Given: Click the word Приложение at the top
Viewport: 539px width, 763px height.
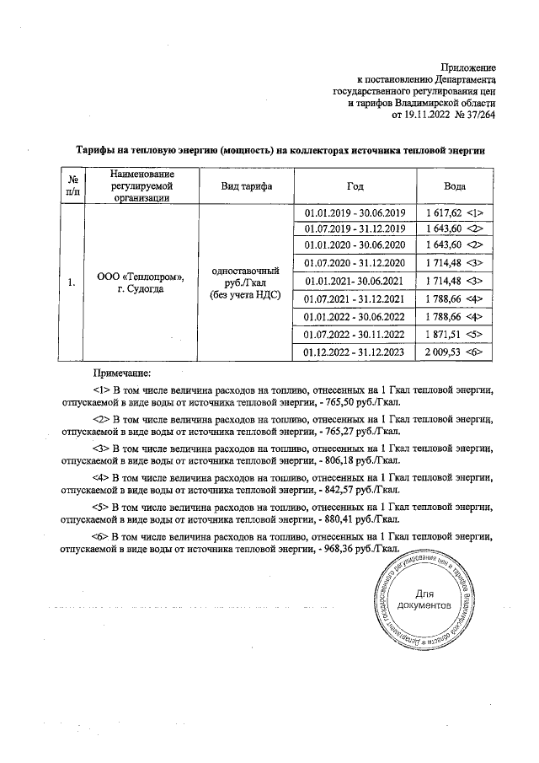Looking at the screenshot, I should tap(469, 67).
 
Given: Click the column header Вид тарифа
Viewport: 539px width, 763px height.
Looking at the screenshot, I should tap(245, 185).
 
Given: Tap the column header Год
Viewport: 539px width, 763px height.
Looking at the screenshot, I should tap(355, 185).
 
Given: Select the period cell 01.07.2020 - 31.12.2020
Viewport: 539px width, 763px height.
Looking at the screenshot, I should tap(355, 264).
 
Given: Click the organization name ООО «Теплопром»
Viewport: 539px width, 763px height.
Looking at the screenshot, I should tap(141, 275).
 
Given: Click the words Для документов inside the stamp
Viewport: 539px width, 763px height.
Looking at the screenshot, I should tap(425, 599).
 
